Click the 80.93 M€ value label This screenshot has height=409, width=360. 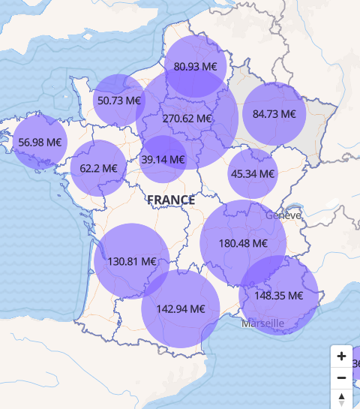click(196, 66)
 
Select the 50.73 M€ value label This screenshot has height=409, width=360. click(119, 100)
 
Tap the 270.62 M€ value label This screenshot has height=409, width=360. click(187, 119)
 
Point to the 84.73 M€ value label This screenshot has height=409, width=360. click(274, 114)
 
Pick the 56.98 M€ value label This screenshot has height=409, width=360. click(40, 142)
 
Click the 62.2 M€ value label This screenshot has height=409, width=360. click(98, 168)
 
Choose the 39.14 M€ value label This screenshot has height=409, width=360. click(163, 159)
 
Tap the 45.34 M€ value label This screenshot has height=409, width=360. click(253, 173)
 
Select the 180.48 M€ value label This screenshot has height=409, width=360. click(243, 243)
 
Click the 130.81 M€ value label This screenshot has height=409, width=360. click(132, 262)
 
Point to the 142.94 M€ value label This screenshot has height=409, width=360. click(181, 308)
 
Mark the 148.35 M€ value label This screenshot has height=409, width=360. click(278, 296)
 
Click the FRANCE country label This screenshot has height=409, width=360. click(171, 200)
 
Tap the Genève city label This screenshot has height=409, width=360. click(283, 215)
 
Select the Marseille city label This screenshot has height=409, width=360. click(262, 323)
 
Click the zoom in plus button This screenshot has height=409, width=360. click(341, 356)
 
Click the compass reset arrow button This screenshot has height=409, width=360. click(341, 398)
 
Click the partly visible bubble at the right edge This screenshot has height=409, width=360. click(355, 365)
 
